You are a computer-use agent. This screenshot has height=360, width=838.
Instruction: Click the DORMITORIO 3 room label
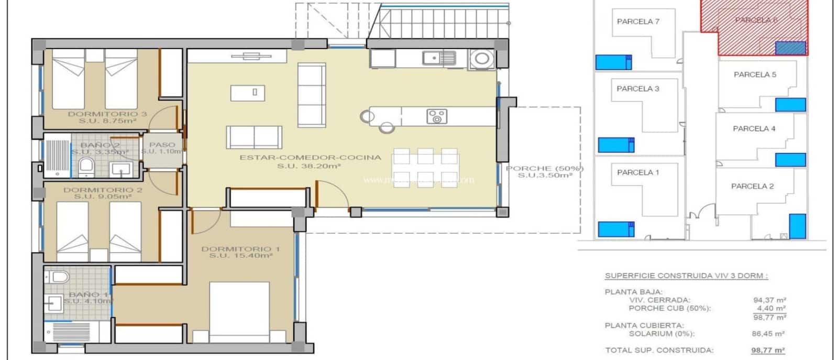click(107, 114)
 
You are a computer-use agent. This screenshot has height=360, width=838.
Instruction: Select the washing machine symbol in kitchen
click(481, 59)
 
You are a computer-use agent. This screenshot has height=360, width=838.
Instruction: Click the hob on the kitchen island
click(436, 116)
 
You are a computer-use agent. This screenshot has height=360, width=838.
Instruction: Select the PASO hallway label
click(162, 145)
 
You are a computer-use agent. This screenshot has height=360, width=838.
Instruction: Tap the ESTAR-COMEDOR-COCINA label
click(310, 157)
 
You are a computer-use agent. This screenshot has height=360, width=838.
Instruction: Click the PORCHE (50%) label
click(545, 168)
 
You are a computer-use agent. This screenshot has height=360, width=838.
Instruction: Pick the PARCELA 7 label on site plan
click(638, 21)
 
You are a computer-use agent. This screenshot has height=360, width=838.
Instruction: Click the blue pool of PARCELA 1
click(615, 229)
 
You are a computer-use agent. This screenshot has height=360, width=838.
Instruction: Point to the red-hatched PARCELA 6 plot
click(759, 31)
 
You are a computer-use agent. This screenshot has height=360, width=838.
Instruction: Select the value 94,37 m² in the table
click(769, 300)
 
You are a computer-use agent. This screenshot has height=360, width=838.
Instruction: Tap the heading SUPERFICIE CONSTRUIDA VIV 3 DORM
click(687, 276)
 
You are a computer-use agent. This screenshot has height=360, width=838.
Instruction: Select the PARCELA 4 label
click(754, 128)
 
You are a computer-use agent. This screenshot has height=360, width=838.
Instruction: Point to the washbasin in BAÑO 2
click(121, 169)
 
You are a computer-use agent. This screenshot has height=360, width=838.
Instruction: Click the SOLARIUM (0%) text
click(661, 334)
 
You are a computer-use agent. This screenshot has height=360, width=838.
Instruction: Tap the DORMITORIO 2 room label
click(103, 190)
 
